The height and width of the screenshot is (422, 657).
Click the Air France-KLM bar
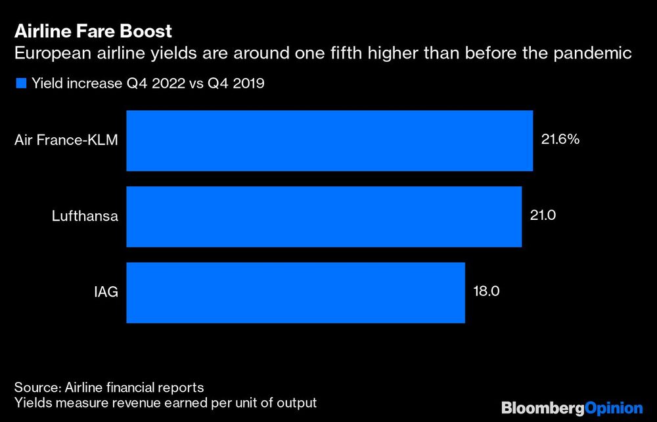(x=328, y=140)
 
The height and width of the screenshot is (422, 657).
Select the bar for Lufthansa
(x=323, y=217)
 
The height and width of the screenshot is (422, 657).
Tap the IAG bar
(x=295, y=292)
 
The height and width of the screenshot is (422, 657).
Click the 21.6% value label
(x=560, y=140)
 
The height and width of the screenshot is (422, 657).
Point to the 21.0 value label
(x=543, y=216)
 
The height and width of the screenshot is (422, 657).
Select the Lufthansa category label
(x=85, y=217)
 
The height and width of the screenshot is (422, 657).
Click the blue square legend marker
(x=20, y=83)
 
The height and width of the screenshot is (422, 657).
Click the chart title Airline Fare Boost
(x=93, y=30)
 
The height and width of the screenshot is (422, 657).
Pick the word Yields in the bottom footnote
(x=32, y=402)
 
